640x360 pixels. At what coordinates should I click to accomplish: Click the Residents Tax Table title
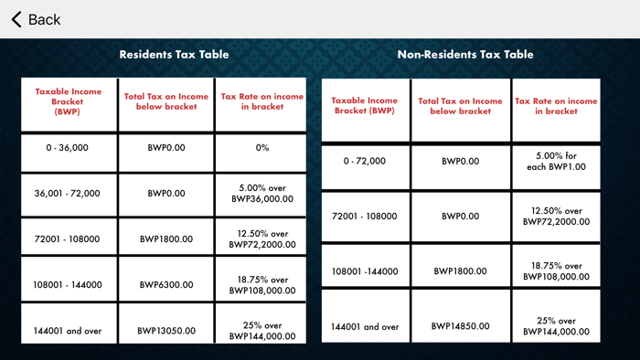[x=174, y=54]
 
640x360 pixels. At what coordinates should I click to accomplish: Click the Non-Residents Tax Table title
[x=464, y=54]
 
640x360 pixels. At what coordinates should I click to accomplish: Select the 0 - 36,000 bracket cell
[x=68, y=147]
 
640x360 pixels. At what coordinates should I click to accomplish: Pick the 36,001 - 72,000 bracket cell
[x=68, y=194]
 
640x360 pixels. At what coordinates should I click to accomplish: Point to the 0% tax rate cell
[x=262, y=147]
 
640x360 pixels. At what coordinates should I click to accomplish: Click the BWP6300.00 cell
[x=166, y=285]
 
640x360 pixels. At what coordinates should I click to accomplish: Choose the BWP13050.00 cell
[x=166, y=331]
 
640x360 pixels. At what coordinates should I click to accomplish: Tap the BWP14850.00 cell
[x=460, y=326]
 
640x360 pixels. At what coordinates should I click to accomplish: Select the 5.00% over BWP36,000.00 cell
[x=262, y=193]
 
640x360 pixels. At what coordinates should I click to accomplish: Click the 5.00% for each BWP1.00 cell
[x=556, y=162]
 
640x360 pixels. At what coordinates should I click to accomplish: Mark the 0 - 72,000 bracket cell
[x=365, y=162]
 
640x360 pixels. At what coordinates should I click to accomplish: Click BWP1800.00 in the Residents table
[x=166, y=239]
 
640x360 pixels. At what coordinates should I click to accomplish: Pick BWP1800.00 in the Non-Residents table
[x=460, y=271]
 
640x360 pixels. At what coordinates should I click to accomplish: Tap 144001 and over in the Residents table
[x=68, y=331]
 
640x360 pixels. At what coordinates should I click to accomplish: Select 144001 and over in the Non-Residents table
[x=365, y=326]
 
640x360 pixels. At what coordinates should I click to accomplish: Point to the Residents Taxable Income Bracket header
[x=68, y=101]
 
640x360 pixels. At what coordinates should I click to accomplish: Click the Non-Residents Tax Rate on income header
[x=556, y=106]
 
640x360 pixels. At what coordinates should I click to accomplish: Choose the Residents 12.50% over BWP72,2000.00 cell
[x=262, y=239]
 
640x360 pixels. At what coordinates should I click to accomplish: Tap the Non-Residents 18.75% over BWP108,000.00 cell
[x=556, y=271]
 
